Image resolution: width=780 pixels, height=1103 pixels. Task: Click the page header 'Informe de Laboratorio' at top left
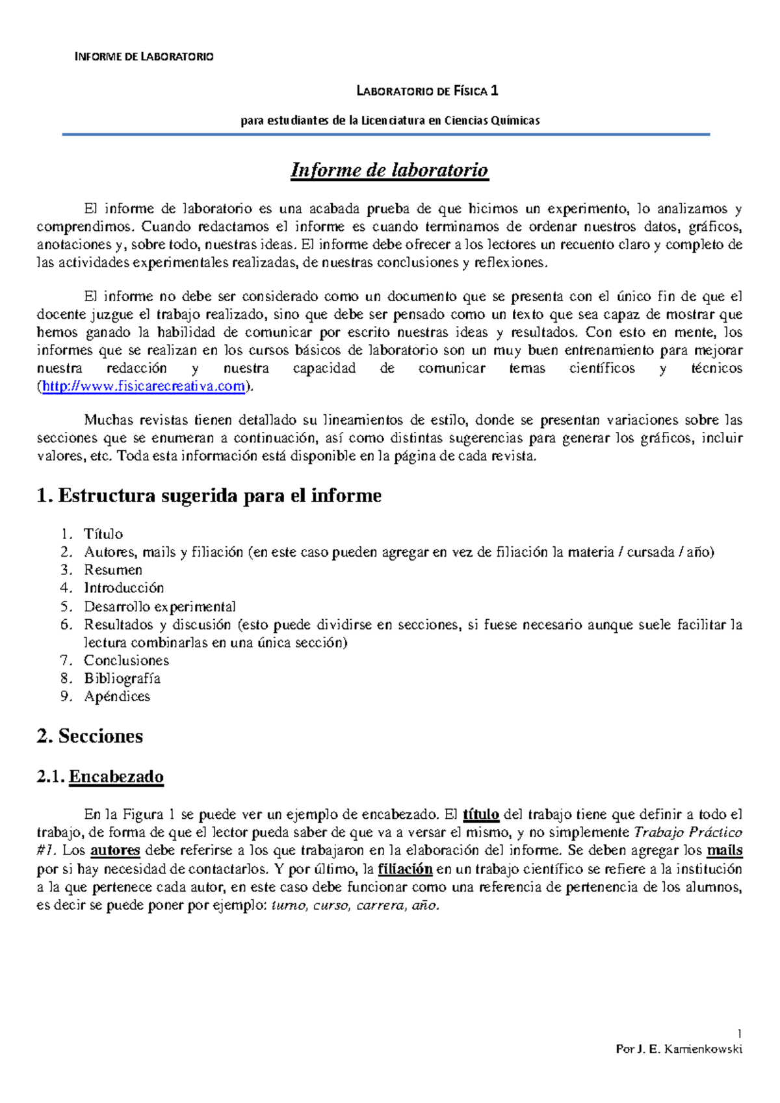[x=144, y=57]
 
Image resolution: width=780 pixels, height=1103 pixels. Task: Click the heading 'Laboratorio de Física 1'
[x=427, y=91]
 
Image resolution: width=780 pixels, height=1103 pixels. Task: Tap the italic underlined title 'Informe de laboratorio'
[x=389, y=170]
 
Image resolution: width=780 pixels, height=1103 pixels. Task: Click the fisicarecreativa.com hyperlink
[x=144, y=386]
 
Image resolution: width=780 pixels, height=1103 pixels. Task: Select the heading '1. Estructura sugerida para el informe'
[x=209, y=496]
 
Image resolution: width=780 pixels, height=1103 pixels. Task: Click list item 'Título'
[x=103, y=534]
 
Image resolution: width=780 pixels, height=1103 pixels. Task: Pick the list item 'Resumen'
[x=113, y=570]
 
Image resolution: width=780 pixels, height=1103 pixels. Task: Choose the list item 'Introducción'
[x=124, y=588]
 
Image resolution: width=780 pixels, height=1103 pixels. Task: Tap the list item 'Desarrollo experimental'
[x=160, y=607]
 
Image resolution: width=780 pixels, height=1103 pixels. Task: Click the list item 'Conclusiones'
[x=127, y=661]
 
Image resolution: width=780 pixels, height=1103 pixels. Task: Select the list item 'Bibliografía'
[x=122, y=678]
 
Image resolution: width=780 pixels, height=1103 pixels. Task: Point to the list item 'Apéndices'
[x=117, y=697]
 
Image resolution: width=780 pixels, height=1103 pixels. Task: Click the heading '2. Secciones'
[x=90, y=736]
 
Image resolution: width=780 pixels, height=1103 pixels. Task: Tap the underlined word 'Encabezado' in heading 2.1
[x=116, y=777]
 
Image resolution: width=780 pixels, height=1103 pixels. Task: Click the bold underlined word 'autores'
[x=115, y=851]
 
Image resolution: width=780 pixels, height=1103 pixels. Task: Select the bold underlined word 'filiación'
[x=405, y=869]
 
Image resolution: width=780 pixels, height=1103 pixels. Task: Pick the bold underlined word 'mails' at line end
[x=725, y=851]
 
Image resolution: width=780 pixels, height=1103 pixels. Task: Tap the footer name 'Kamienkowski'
[x=703, y=1049]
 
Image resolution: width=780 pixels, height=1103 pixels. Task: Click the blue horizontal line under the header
[x=385, y=135]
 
